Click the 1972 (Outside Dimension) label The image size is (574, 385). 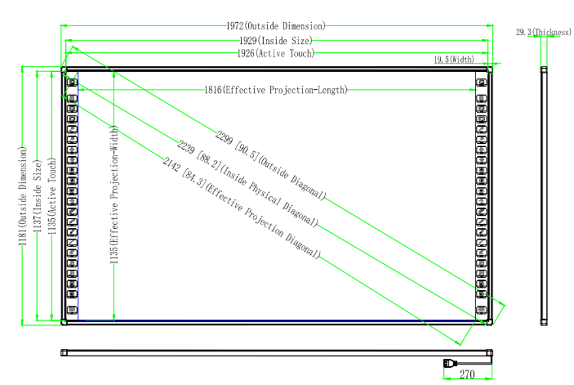pos(276,26)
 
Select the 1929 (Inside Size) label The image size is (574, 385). pos(276,41)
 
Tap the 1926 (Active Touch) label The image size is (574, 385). pos(276,54)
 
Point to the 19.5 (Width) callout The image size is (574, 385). pos(454,59)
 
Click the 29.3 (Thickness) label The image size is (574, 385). pos(543,32)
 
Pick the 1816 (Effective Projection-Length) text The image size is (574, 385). pos(276,90)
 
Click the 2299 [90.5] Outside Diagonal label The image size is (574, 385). pos(270,165)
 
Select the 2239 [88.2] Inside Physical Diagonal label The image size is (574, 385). pos(247,183)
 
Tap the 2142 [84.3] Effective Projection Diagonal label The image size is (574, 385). pos(242,208)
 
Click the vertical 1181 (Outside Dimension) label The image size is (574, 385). pos(23,196)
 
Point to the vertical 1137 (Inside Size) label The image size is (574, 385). pos(37,196)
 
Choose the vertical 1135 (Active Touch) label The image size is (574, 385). pos(52,196)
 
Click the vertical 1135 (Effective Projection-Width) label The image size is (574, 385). pos(114,195)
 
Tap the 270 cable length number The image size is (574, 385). pos(467,375)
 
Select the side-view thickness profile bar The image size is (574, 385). pos(544,196)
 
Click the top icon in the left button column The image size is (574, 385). pos(72,83)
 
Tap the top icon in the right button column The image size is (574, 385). pos(481,83)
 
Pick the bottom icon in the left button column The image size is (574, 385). pos(72,310)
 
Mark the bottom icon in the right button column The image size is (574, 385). pos(481,310)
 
